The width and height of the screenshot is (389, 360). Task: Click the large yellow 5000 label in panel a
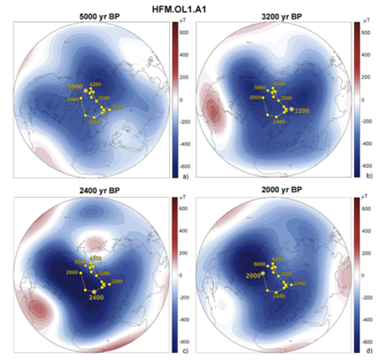75,86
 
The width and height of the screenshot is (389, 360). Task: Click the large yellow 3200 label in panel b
303,111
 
